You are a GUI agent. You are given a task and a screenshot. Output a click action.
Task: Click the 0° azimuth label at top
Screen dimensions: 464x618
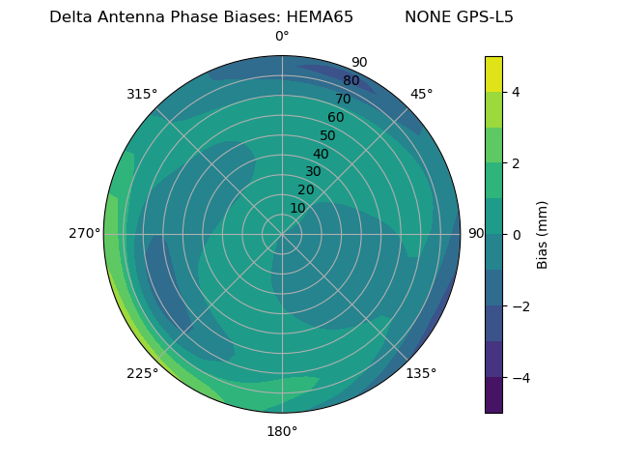(x=282, y=37)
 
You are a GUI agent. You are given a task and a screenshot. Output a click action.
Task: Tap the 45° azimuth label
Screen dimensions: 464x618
(x=421, y=94)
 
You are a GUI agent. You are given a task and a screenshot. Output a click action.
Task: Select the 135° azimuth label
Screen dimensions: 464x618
(x=421, y=373)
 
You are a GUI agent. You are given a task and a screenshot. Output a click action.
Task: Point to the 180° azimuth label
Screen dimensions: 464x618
(x=282, y=431)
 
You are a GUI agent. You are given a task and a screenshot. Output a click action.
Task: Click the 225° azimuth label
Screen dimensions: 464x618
(x=142, y=373)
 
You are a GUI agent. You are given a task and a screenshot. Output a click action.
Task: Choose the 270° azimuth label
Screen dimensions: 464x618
(x=84, y=234)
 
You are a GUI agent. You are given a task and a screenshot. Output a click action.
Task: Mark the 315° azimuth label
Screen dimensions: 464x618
(x=142, y=94)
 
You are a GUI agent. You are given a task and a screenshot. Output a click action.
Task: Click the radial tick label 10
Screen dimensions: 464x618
(x=297, y=208)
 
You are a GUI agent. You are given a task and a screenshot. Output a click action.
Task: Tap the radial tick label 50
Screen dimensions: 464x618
(x=327, y=135)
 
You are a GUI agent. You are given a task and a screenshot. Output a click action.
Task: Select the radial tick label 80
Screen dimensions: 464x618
(x=351, y=81)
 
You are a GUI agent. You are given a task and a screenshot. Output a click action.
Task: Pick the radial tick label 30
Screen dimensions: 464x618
(x=313, y=172)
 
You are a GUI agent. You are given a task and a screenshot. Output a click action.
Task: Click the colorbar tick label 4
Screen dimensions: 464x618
(x=516, y=92)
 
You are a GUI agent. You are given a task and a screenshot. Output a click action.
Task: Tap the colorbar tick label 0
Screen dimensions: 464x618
(x=516, y=235)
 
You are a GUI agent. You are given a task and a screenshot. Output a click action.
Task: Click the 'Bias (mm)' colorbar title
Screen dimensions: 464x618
(x=543, y=235)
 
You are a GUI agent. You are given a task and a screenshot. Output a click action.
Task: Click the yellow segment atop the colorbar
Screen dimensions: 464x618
(x=493, y=74)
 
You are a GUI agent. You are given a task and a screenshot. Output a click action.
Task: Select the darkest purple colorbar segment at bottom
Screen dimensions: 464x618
(x=493, y=395)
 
